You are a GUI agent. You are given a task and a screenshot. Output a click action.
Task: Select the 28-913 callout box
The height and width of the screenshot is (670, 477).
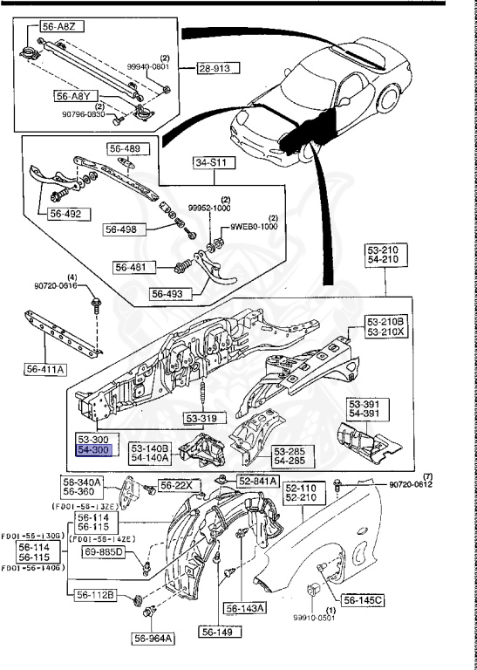pyautogui.click(x=216, y=67)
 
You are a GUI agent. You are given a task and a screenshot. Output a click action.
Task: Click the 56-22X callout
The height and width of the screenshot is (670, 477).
pyautogui.click(x=177, y=484)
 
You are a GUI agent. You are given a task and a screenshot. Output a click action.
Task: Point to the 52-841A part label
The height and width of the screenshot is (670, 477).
pyautogui.click(x=259, y=481)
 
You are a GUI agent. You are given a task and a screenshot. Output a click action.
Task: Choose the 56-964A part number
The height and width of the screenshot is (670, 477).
pyautogui.click(x=154, y=638)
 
